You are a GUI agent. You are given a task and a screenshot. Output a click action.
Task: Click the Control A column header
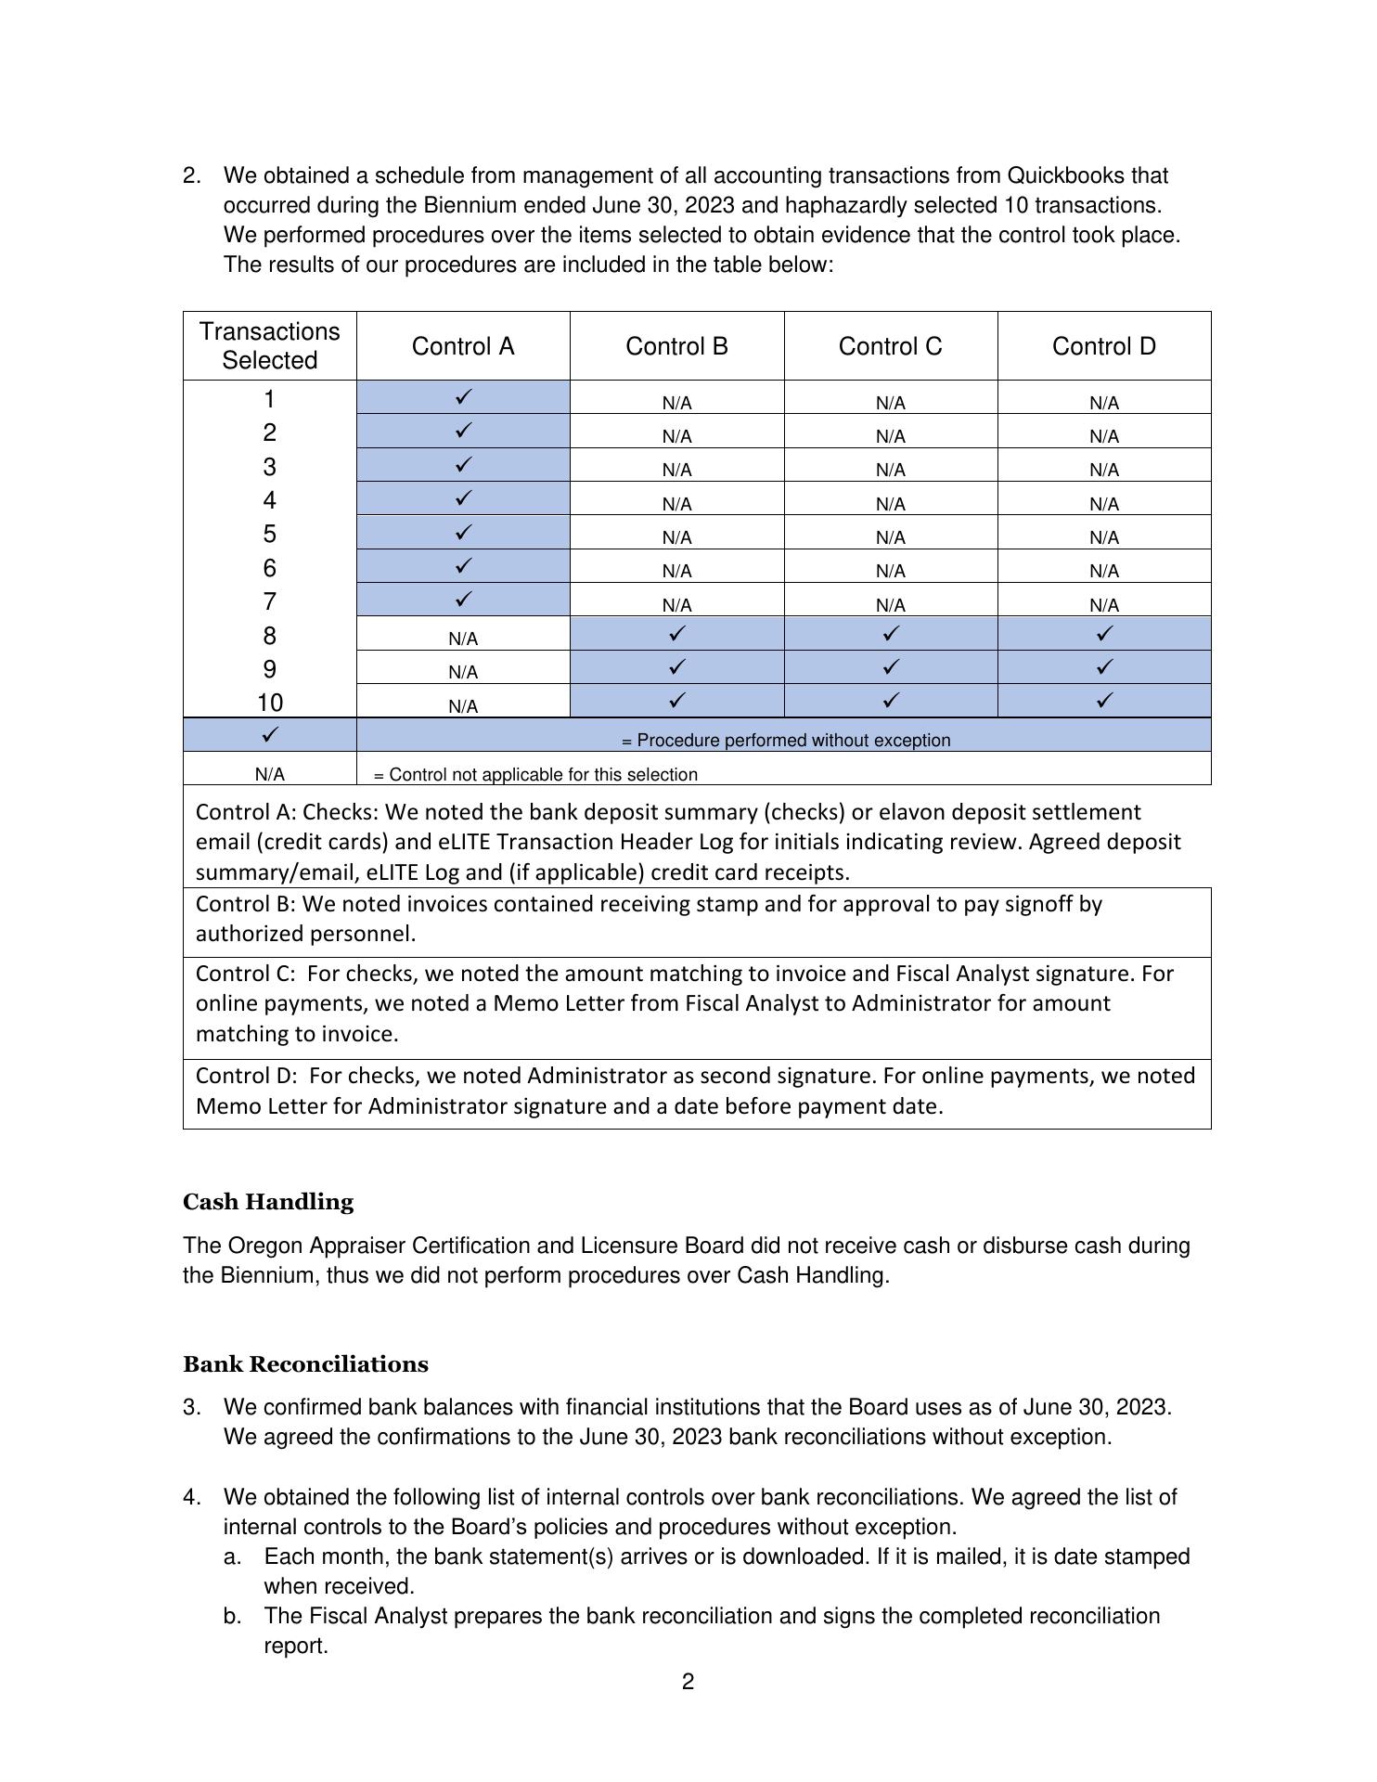462,346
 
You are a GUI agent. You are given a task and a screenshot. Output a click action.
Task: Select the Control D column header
1103,346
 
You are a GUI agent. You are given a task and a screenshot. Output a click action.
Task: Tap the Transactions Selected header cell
269,345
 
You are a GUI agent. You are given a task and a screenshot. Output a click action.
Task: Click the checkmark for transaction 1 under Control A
463,397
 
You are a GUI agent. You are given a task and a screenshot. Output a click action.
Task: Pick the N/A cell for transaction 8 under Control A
463,639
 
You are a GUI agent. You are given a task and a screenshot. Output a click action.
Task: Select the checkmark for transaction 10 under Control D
1103,701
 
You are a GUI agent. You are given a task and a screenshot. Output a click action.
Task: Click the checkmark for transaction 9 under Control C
890,667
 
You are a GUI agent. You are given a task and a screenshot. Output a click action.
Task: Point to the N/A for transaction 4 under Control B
676,504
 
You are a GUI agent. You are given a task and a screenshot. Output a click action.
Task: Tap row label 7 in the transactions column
269,601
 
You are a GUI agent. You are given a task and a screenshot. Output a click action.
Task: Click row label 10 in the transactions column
269,703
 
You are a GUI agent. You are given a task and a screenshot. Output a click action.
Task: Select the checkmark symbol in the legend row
269,734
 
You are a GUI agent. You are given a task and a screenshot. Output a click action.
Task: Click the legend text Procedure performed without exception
785,741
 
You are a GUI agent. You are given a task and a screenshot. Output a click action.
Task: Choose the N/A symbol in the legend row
269,774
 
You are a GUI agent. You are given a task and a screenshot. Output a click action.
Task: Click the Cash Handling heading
268,1202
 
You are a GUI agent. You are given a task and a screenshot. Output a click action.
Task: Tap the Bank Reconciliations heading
305,1364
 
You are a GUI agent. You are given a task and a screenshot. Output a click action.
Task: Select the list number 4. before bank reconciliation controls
192,1497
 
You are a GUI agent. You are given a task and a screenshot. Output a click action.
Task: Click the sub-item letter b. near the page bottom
233,1616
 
